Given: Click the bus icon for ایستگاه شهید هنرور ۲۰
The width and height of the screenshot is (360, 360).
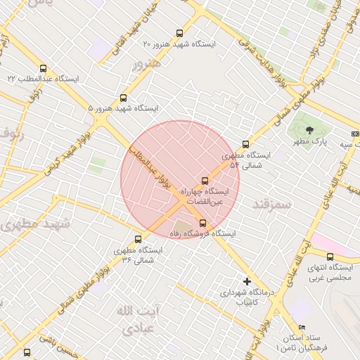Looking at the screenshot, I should pyautogui.click(x=179, y=33).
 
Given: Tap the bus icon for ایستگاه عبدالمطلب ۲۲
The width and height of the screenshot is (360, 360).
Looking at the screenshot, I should pyautogui.click(x=44, y=69).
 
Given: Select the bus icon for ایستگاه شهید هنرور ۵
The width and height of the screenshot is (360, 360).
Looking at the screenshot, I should pyautogui.click(x=124, y=98).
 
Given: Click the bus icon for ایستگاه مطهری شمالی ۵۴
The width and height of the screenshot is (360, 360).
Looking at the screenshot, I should pyautogui.click(x=245, y=145).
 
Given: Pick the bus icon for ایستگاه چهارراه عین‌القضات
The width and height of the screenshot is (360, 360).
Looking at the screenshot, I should pyautogui.click(x=205, y=180).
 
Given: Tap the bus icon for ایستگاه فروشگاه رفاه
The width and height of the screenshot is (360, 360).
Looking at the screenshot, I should pyautogui.click(x=203, y=223).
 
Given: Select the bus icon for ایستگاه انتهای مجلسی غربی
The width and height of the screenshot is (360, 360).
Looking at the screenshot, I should pyautogui.click(x=330, y=257).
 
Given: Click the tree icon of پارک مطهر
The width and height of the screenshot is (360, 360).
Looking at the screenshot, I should pyautogui.click(x=310, y=129).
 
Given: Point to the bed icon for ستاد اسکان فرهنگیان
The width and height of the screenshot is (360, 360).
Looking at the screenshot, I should pyautogui.click(x=302, y=328).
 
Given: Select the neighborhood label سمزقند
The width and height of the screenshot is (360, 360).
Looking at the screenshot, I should pyautogui.click(x=271, y=205).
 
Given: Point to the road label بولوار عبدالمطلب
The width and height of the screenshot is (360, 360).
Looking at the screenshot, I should pyautogui.click(x=153, y=165).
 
